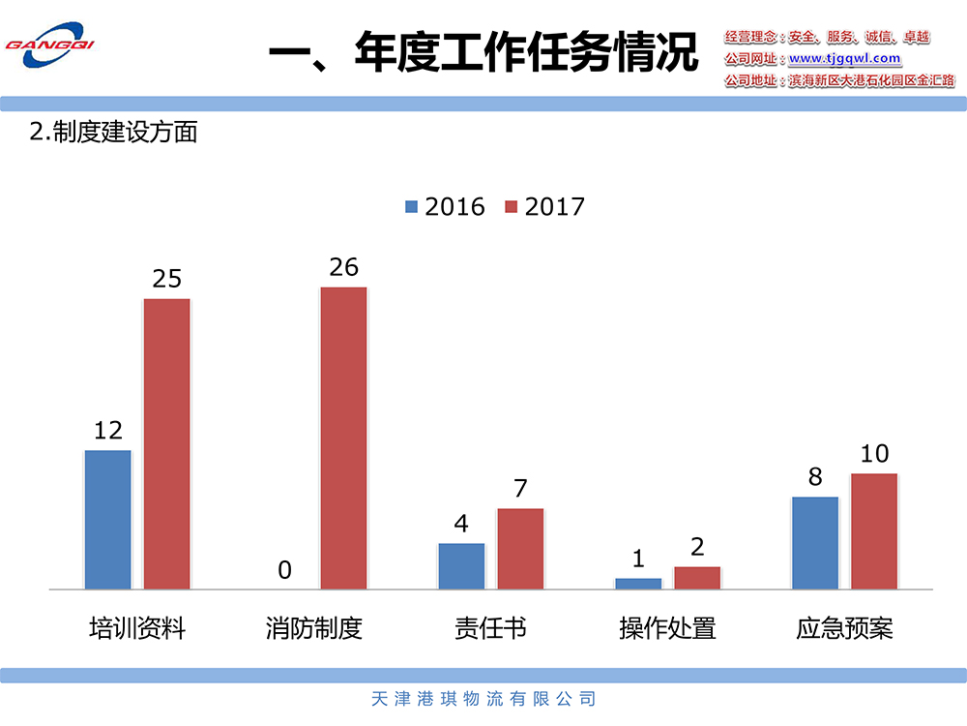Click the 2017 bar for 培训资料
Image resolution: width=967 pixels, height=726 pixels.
click(x=167, y=443)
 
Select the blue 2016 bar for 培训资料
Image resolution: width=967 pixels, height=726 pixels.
click(x=107, y=519)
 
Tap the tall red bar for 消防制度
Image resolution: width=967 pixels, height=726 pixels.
click(x=343, y=438)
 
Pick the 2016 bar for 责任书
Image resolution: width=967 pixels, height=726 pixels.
click(x=461, y=565)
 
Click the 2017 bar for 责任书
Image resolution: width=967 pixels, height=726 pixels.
click(x=520, y=548)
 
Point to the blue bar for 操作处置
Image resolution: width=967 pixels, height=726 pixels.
click(x=638, y=583)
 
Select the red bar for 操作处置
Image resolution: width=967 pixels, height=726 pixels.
click(x=697, y=577)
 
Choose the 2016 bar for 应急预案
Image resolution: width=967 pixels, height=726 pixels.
click(x=815, y=542)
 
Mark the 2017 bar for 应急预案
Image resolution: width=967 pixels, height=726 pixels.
click(x=874, y=530)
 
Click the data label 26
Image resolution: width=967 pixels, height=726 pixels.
click(x=343, y=266)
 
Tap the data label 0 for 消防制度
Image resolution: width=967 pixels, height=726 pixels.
click(x=284, y=570)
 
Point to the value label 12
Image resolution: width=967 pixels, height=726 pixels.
click(x=107, y=430)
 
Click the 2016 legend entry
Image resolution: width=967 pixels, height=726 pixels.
click(x=445, y=206)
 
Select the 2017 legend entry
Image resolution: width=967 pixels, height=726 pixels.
click(x=545, y=206)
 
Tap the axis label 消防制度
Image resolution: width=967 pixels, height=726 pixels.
click(x=314, y=628)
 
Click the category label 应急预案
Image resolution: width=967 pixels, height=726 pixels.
click(x=844, y=628)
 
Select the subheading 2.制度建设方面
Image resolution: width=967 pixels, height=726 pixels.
click(x=113, y=132)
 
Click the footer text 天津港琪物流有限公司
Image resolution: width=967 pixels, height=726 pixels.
click(x=483, y=698)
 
